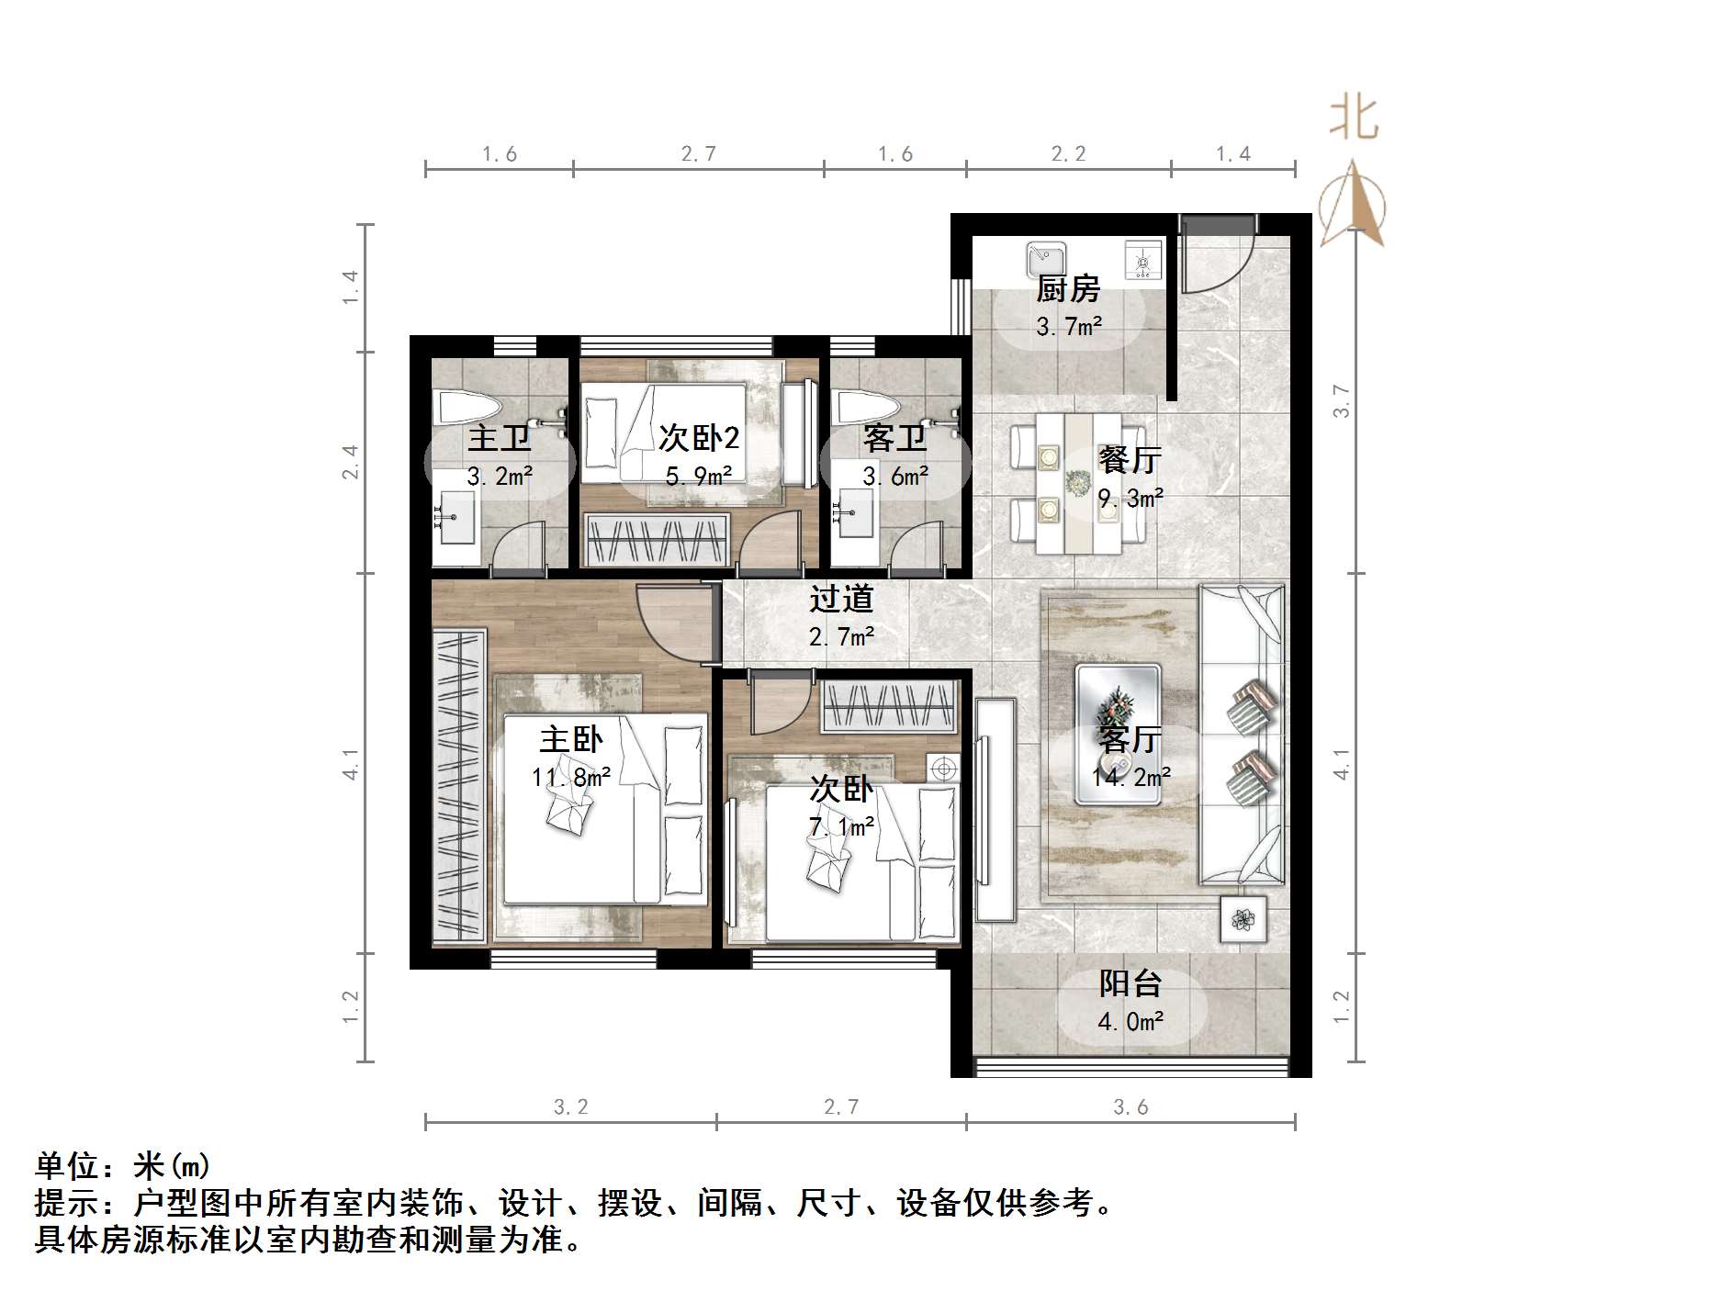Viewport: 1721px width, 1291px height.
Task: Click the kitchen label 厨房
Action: pyautogui.click(x=1068, y=289)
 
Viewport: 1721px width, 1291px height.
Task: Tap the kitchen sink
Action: pyautogui.click(x=1046, y=256)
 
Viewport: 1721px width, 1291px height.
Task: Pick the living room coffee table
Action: pyautogui.click(x=1118, y=733)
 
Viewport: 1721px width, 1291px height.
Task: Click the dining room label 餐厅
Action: pyautogui.click(x=1130, y=459)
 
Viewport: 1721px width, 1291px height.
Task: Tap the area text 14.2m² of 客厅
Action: pyautogui.click(x=1130, y=777)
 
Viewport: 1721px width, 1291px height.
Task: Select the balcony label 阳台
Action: pyautogui.click(x=1130, y=983)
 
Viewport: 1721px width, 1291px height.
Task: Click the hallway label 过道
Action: pyautogui.click(x=841, y=599)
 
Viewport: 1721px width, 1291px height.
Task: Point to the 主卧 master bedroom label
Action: pyautogui.click(x=571, y=739)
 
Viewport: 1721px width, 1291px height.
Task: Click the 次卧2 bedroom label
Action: pyautogui.click(x=699, y=438)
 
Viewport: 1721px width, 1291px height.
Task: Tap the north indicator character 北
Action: pyautogui.click(x=1354, y=118)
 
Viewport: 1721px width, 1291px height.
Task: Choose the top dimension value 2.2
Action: pyautogui.click(x=1068, y=154)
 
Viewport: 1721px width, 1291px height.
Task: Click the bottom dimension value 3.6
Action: pyautogui.click(x=1130, y=1107)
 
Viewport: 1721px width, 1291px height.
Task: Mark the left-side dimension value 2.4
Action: pyautogui.click(x=350, y=462)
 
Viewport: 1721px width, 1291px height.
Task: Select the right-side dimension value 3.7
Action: pyautogui.click(x=1341, y=401)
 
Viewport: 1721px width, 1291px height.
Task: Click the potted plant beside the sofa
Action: pyautogui.click(x=1243, y=918)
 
